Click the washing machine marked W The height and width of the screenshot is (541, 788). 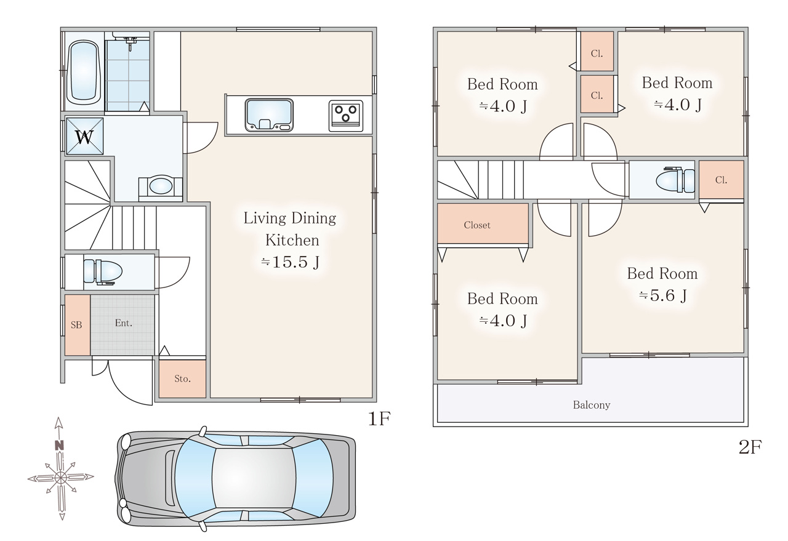click(x=84, y=136)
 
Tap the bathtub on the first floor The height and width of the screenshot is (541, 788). click(x=83, y=72)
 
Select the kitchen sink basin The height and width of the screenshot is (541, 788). click(x=269, y=115)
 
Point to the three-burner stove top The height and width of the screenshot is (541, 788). click(x=345, y=116)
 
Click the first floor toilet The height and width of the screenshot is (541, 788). click(x=103, y=271)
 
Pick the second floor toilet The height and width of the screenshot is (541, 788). click(x=675, y=180)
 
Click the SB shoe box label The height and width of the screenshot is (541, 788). click(x=76, y=325)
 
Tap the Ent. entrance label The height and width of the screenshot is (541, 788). click(x=124, y=323)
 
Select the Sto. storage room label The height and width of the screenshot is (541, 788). click(x=182, y=379)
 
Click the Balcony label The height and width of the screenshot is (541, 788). click(x=592, y=405)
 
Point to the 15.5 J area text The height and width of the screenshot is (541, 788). click(x=290, y=262)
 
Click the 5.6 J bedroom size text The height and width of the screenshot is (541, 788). click(x=663, y=295)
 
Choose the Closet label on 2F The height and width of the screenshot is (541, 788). click(x=477, y=225)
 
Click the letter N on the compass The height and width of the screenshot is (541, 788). click(x=59, y=446)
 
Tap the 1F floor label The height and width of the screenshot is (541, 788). click(x=379, y=419)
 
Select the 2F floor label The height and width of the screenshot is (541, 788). click(x=750, y=447)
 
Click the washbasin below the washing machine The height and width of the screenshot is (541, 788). click(x=161, y=186)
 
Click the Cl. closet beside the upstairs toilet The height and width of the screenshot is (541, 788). click(x=721, y=180)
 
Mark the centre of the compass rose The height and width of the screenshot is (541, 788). click(x=60, y=478)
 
